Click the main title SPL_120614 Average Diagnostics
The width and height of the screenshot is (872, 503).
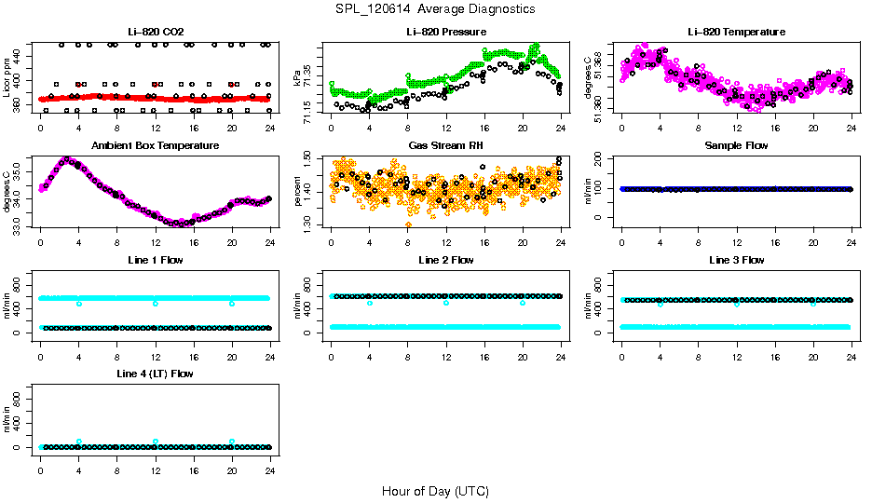tap(436, 8)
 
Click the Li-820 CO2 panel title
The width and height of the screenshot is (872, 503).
tap(156, 32)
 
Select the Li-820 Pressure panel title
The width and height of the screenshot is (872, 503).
tap(446, 32)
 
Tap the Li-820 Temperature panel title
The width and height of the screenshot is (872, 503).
tap(736, 32)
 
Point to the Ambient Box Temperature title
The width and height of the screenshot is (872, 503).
tap(156, 145)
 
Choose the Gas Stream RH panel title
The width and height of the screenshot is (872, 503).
tap(446, 145)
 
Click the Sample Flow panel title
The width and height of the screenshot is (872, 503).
tap(736, 145)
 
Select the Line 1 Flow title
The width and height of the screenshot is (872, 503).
tap(156, 260)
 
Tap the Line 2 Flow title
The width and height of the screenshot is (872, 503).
tap(446, 260)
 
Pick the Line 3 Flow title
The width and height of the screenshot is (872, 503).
tap(736, 260)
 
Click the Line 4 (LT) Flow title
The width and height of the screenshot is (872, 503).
tap(156, 374)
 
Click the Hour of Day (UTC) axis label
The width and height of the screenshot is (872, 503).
tap(435, 491)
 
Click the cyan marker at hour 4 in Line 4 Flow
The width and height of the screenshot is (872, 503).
tap(79, 442)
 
